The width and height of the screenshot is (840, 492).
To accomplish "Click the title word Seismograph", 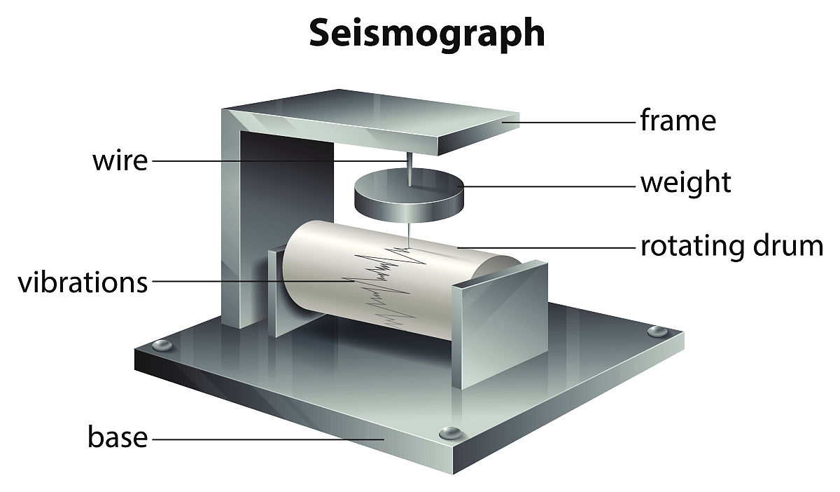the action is coord(427,34).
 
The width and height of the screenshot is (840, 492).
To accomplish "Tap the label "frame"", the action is coord(678,120).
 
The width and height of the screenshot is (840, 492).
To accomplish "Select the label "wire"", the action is coord(120,160).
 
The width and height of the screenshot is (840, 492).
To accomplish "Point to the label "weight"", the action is coord(686,184).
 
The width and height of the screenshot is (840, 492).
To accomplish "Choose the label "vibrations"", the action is coord(83,282).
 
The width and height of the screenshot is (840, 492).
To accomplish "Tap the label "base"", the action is coord(118,437).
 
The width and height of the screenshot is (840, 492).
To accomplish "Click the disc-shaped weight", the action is coord(409,196).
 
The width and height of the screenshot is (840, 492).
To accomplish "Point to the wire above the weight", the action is coord(409,169).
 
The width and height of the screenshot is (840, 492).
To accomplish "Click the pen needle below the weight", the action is coord(408,235).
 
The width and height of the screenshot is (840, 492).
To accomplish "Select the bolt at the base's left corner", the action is coord(162,345).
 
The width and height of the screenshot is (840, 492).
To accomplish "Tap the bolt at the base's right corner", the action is coord(657,331).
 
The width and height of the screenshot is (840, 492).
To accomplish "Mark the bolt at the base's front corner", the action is coord(451,432).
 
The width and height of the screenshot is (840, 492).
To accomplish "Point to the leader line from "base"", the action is coord(268,439).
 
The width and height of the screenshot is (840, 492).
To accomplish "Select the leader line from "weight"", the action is coord(546,186).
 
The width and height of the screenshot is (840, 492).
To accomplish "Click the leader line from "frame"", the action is coord(568,123).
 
